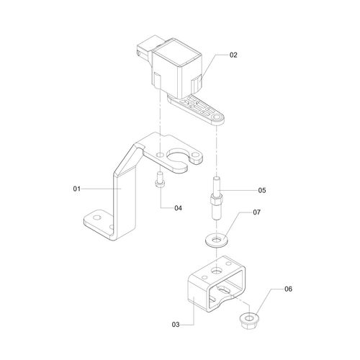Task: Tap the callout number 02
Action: click(x=233, y=55)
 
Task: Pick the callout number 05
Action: click(x=262, y=191)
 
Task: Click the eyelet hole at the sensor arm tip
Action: click(x=217, y=115)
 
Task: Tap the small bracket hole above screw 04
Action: click(x=158, y=155)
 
